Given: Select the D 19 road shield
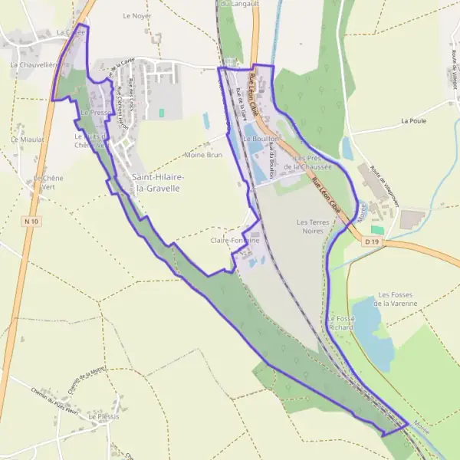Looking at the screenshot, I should pyautogui.click(x=373, y=242).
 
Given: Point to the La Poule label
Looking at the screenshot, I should pyautogui.click(x=434, y=121).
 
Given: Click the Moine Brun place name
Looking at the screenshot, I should pyautogui.click(x=202, y=155).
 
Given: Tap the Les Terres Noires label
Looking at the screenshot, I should pyautogui.click(x=312, y=225).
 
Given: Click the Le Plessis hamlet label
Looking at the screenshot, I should pyautogui.click(x=104, y=416).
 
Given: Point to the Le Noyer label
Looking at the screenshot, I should pyautogui.click(x=137, y=15).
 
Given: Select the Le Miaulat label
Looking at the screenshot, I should pyautogui.click(x=28, y=140).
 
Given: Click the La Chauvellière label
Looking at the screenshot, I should pyautogui.click(x=34, y=65).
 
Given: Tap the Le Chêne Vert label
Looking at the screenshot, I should pyautogui.click(x=48, y=182).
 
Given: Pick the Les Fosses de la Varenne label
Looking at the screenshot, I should pyautogui.click(x=398, y=299).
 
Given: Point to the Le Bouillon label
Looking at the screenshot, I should pyautogui.click(x=258, y=140).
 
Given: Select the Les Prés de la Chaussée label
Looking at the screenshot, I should pyautogui.click(x=307, y=162).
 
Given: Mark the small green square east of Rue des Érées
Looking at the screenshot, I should pyautogui.click(x=162, y=113).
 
